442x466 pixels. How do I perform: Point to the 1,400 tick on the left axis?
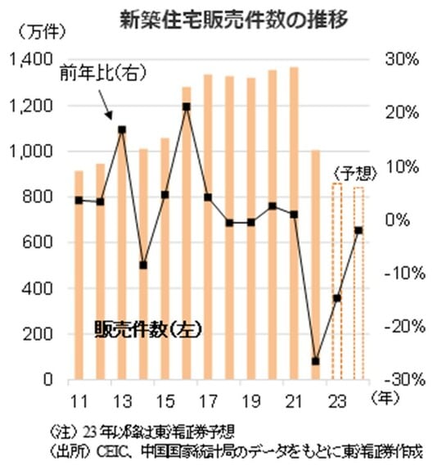[x=30, y=60]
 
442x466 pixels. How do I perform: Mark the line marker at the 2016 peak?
[x=187, y=106]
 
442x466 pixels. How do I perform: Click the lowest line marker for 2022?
[x=315, y=361]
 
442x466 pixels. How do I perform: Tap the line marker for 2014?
[x=143, y=265]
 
